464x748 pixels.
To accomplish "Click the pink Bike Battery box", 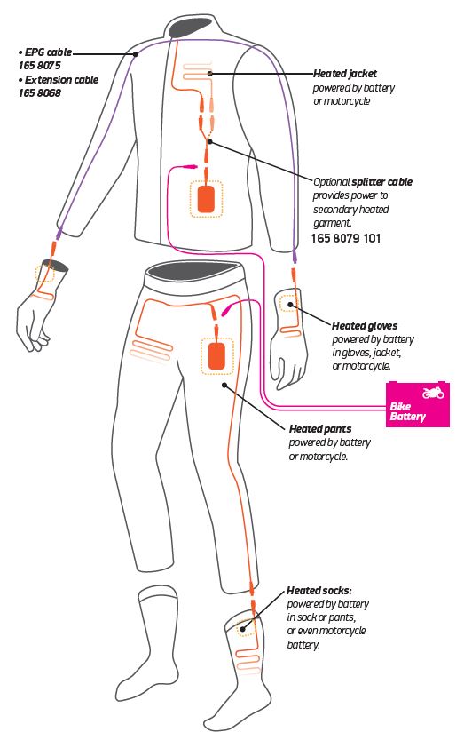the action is (x=417, y=403).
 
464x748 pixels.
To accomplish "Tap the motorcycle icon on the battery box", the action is (x=433, y=393).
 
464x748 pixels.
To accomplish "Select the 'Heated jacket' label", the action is (x=345, y=74).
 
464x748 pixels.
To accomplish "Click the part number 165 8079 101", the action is (x=346, y=238).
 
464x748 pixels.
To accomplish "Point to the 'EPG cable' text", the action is (x=48, y=52).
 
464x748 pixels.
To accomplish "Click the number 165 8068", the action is (x=40, y=93).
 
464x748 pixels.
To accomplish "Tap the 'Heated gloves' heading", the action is (x=365, y=326).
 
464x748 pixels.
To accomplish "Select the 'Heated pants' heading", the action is (x=320, y=429).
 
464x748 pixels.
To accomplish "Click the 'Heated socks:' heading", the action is (x=319, y=591).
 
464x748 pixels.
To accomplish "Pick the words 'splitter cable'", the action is (x=381, y=182).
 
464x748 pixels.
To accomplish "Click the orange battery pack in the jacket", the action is (x=206, y=199).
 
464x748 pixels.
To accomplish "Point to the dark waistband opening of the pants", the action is (x=193, y=270).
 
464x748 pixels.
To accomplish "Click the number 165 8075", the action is (x=40, y=66).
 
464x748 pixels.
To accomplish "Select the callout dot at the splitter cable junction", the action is (x=210, y=142).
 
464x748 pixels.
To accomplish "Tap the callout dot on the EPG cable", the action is (x=136, y=54).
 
